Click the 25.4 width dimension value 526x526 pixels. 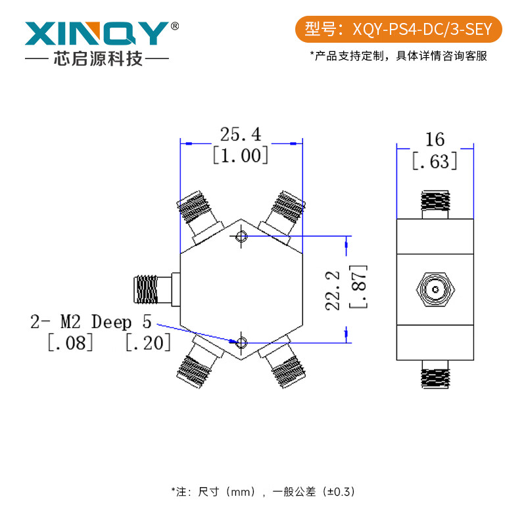point(241,135)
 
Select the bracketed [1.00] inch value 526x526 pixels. point(241,155)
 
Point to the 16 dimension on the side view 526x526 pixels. point(435,139)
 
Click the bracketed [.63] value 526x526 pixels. point(435,160)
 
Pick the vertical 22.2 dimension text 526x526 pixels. point(334,289)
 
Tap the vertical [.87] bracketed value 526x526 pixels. point(358,287)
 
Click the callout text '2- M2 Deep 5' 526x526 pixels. point(91,322)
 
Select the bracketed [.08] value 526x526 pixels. point(70,343)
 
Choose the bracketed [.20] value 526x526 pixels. point(148,343)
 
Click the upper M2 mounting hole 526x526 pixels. point(241,237)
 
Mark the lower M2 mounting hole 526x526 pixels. point(241,342)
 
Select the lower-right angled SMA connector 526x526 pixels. point(284,365)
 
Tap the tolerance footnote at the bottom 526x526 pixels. point(263,491)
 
